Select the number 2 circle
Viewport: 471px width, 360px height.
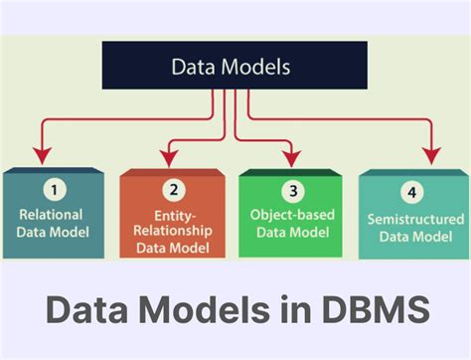click(x=174, y=190)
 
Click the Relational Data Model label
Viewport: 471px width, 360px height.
click(x=52, y=222)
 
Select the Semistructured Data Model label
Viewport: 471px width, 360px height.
click(x=413, y=227)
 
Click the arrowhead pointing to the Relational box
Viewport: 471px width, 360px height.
click(x=40, y=155)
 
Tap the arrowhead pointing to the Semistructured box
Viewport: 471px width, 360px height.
click(x=431, y=156)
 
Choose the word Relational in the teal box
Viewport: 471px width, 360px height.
click(x=52, y=213)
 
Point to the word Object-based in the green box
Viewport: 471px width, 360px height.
click(x=293, y=213)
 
